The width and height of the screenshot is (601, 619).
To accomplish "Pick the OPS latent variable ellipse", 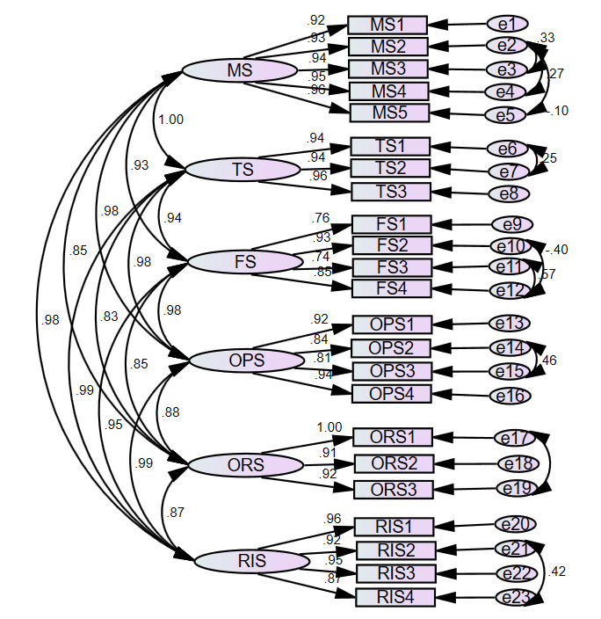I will [x=247, y=360].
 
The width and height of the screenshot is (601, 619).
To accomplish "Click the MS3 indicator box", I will [x=387, y=69].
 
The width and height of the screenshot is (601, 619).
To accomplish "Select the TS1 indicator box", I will [x=390, y=146].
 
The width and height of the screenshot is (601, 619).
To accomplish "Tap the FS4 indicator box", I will [x=391, y=288].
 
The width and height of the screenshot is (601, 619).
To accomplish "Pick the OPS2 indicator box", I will [x=392, y=347].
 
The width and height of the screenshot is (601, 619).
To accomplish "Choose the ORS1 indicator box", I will [x=392, y=437].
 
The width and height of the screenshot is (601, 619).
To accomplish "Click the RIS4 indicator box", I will [x=395, y=598].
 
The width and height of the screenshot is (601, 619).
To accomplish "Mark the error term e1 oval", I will [x=508, y=25].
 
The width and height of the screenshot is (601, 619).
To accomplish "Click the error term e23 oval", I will [x=517, y=598].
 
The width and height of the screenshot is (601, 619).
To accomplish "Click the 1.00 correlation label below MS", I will [x=170, y=120].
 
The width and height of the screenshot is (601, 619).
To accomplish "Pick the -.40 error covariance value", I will [x=556, y=251].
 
